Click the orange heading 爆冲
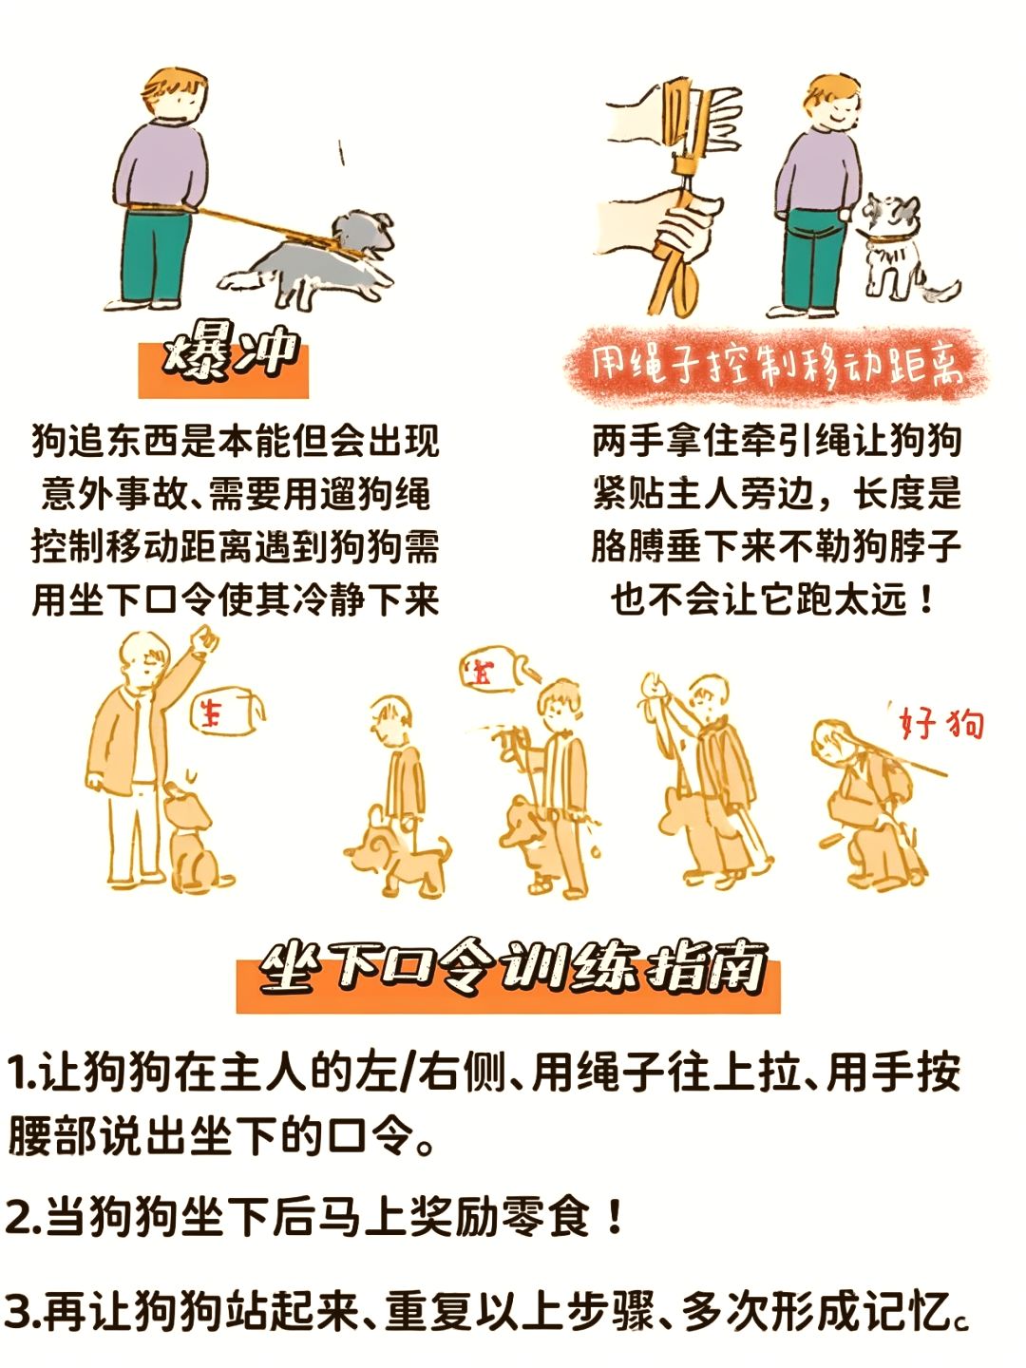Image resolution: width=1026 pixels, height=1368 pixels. (228, 355)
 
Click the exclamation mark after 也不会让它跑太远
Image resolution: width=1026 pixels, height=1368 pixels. (927, 599)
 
